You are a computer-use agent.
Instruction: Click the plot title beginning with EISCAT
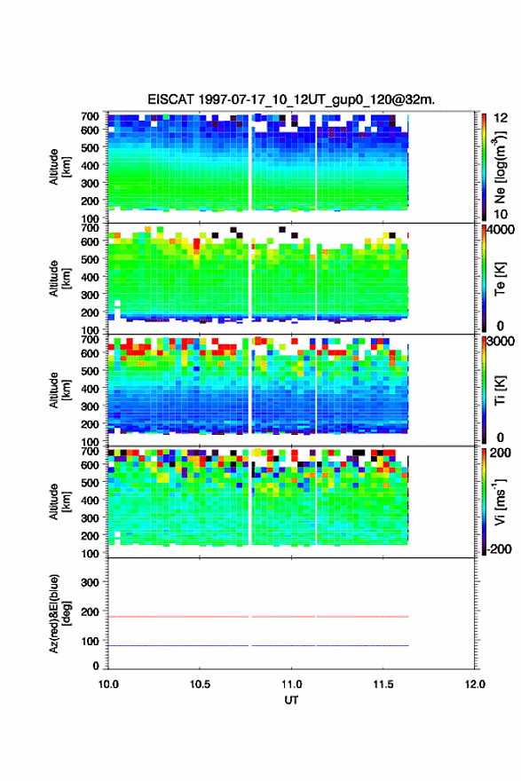click(291, 99)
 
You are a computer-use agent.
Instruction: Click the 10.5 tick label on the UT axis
click(200, 684)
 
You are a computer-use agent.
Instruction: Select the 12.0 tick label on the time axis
click(475, 684)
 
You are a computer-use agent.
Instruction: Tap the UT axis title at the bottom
click(291, 700)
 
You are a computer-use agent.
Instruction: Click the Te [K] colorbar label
click(500, 279)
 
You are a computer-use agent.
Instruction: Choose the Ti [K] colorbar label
click(500, 390)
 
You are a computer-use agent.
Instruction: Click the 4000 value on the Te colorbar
click(501, 231)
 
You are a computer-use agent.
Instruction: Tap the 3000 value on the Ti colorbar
click(501, 342)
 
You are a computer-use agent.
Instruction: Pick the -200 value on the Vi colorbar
click(498, 548)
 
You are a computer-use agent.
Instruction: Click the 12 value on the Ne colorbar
click(501, 118)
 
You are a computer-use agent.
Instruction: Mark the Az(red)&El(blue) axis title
click(60, 613)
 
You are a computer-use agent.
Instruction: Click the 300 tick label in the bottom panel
click(90, 582)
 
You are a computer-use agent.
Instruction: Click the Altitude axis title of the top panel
click(60, 167)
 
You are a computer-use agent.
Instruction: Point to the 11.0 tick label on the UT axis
click(291, 684)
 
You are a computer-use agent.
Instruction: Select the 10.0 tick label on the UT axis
click(108, 684)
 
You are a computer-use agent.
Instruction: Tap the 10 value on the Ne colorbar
click(501, 214)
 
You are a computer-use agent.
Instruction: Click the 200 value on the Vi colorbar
click(501, 453)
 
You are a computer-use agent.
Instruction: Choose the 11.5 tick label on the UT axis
click(383, 684)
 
